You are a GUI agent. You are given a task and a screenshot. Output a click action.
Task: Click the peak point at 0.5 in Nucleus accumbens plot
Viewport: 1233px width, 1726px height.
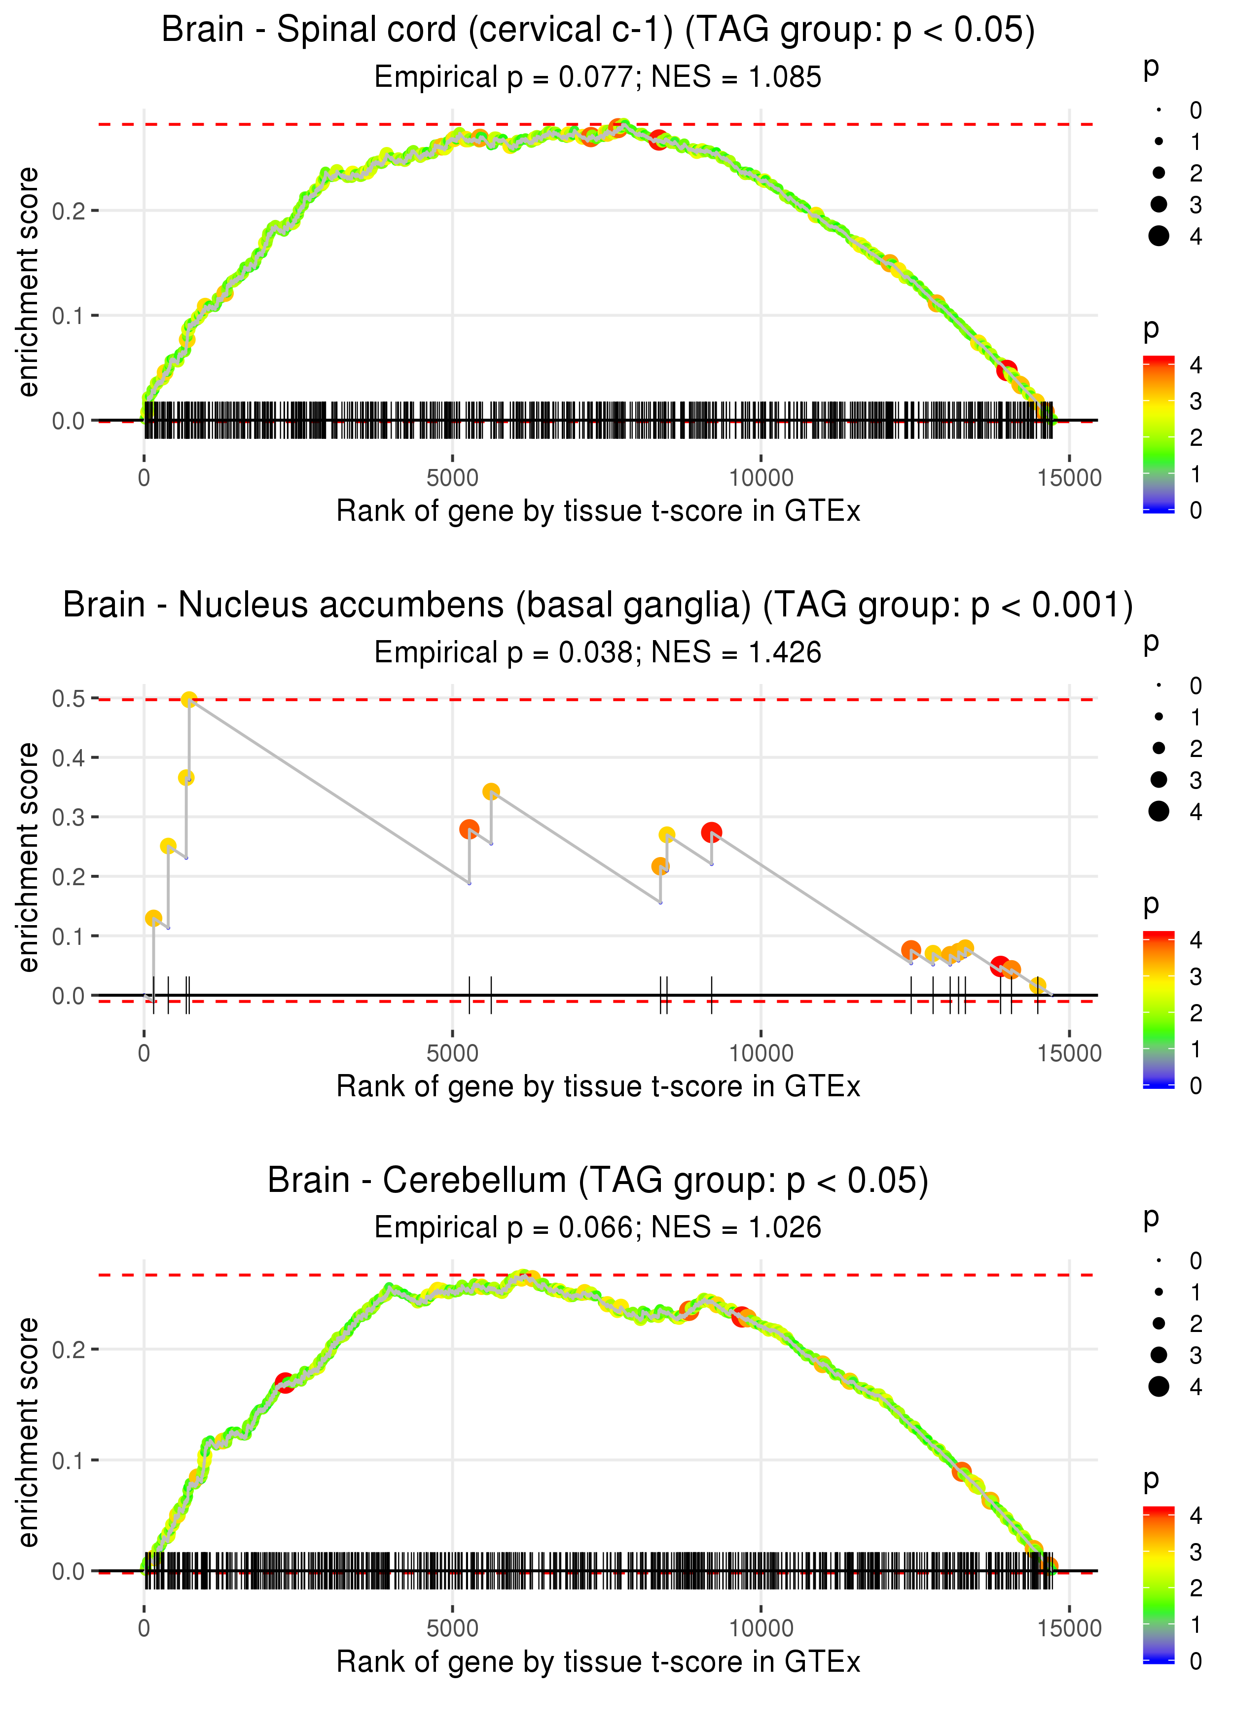pos(189,699)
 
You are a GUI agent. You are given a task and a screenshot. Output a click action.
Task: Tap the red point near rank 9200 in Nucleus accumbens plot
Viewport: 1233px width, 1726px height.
pos(711,832)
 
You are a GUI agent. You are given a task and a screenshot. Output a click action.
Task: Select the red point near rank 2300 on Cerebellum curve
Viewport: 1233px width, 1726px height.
pos(285,1382)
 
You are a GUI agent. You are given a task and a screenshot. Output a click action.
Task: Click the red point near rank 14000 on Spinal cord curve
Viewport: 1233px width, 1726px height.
pos(1007,370)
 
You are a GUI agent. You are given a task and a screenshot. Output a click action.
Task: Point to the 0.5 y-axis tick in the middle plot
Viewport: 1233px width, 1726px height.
pos(69,698)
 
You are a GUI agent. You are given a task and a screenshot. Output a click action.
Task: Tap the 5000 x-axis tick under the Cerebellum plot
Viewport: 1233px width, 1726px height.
pos(452,1628)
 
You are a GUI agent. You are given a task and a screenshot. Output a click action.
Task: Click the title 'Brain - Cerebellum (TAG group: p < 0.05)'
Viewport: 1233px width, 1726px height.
pos(598,1180)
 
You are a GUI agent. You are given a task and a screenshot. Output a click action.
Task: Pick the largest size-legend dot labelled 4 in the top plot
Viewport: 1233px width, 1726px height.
pos(1159,236)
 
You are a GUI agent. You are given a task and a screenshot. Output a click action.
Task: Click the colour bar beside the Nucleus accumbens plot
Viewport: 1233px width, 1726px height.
pos(1159,1009)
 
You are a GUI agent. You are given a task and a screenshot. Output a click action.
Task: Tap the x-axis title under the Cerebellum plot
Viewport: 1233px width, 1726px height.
pos(598,1662)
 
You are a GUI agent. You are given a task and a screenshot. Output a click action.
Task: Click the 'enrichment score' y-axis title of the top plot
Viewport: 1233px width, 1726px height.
pos(28,283)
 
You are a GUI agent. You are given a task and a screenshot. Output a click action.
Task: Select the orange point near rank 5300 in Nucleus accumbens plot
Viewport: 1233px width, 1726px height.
pos(469,829)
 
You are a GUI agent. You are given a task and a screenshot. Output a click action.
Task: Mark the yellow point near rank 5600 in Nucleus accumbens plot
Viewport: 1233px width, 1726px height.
pos(491,791)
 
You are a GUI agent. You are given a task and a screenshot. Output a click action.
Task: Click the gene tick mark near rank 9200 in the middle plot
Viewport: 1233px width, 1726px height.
pos(711,995)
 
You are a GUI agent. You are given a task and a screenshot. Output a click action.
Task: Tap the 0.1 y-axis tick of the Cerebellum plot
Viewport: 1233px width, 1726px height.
pos(69,1460)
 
